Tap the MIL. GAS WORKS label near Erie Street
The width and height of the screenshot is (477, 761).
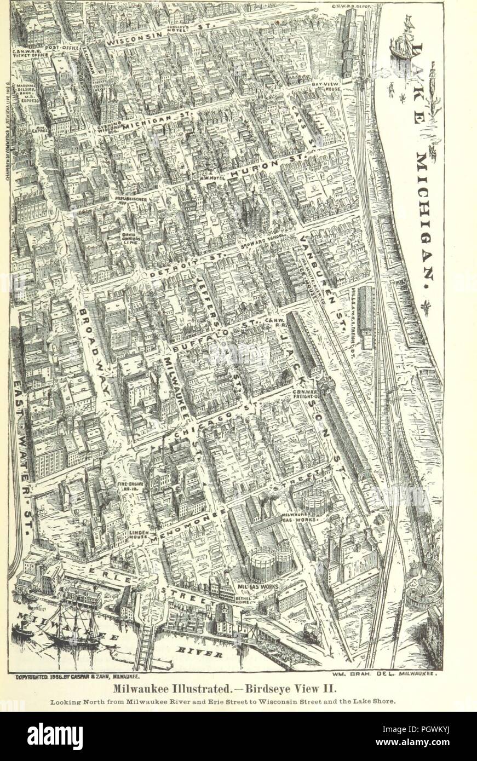pos(257,587)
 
